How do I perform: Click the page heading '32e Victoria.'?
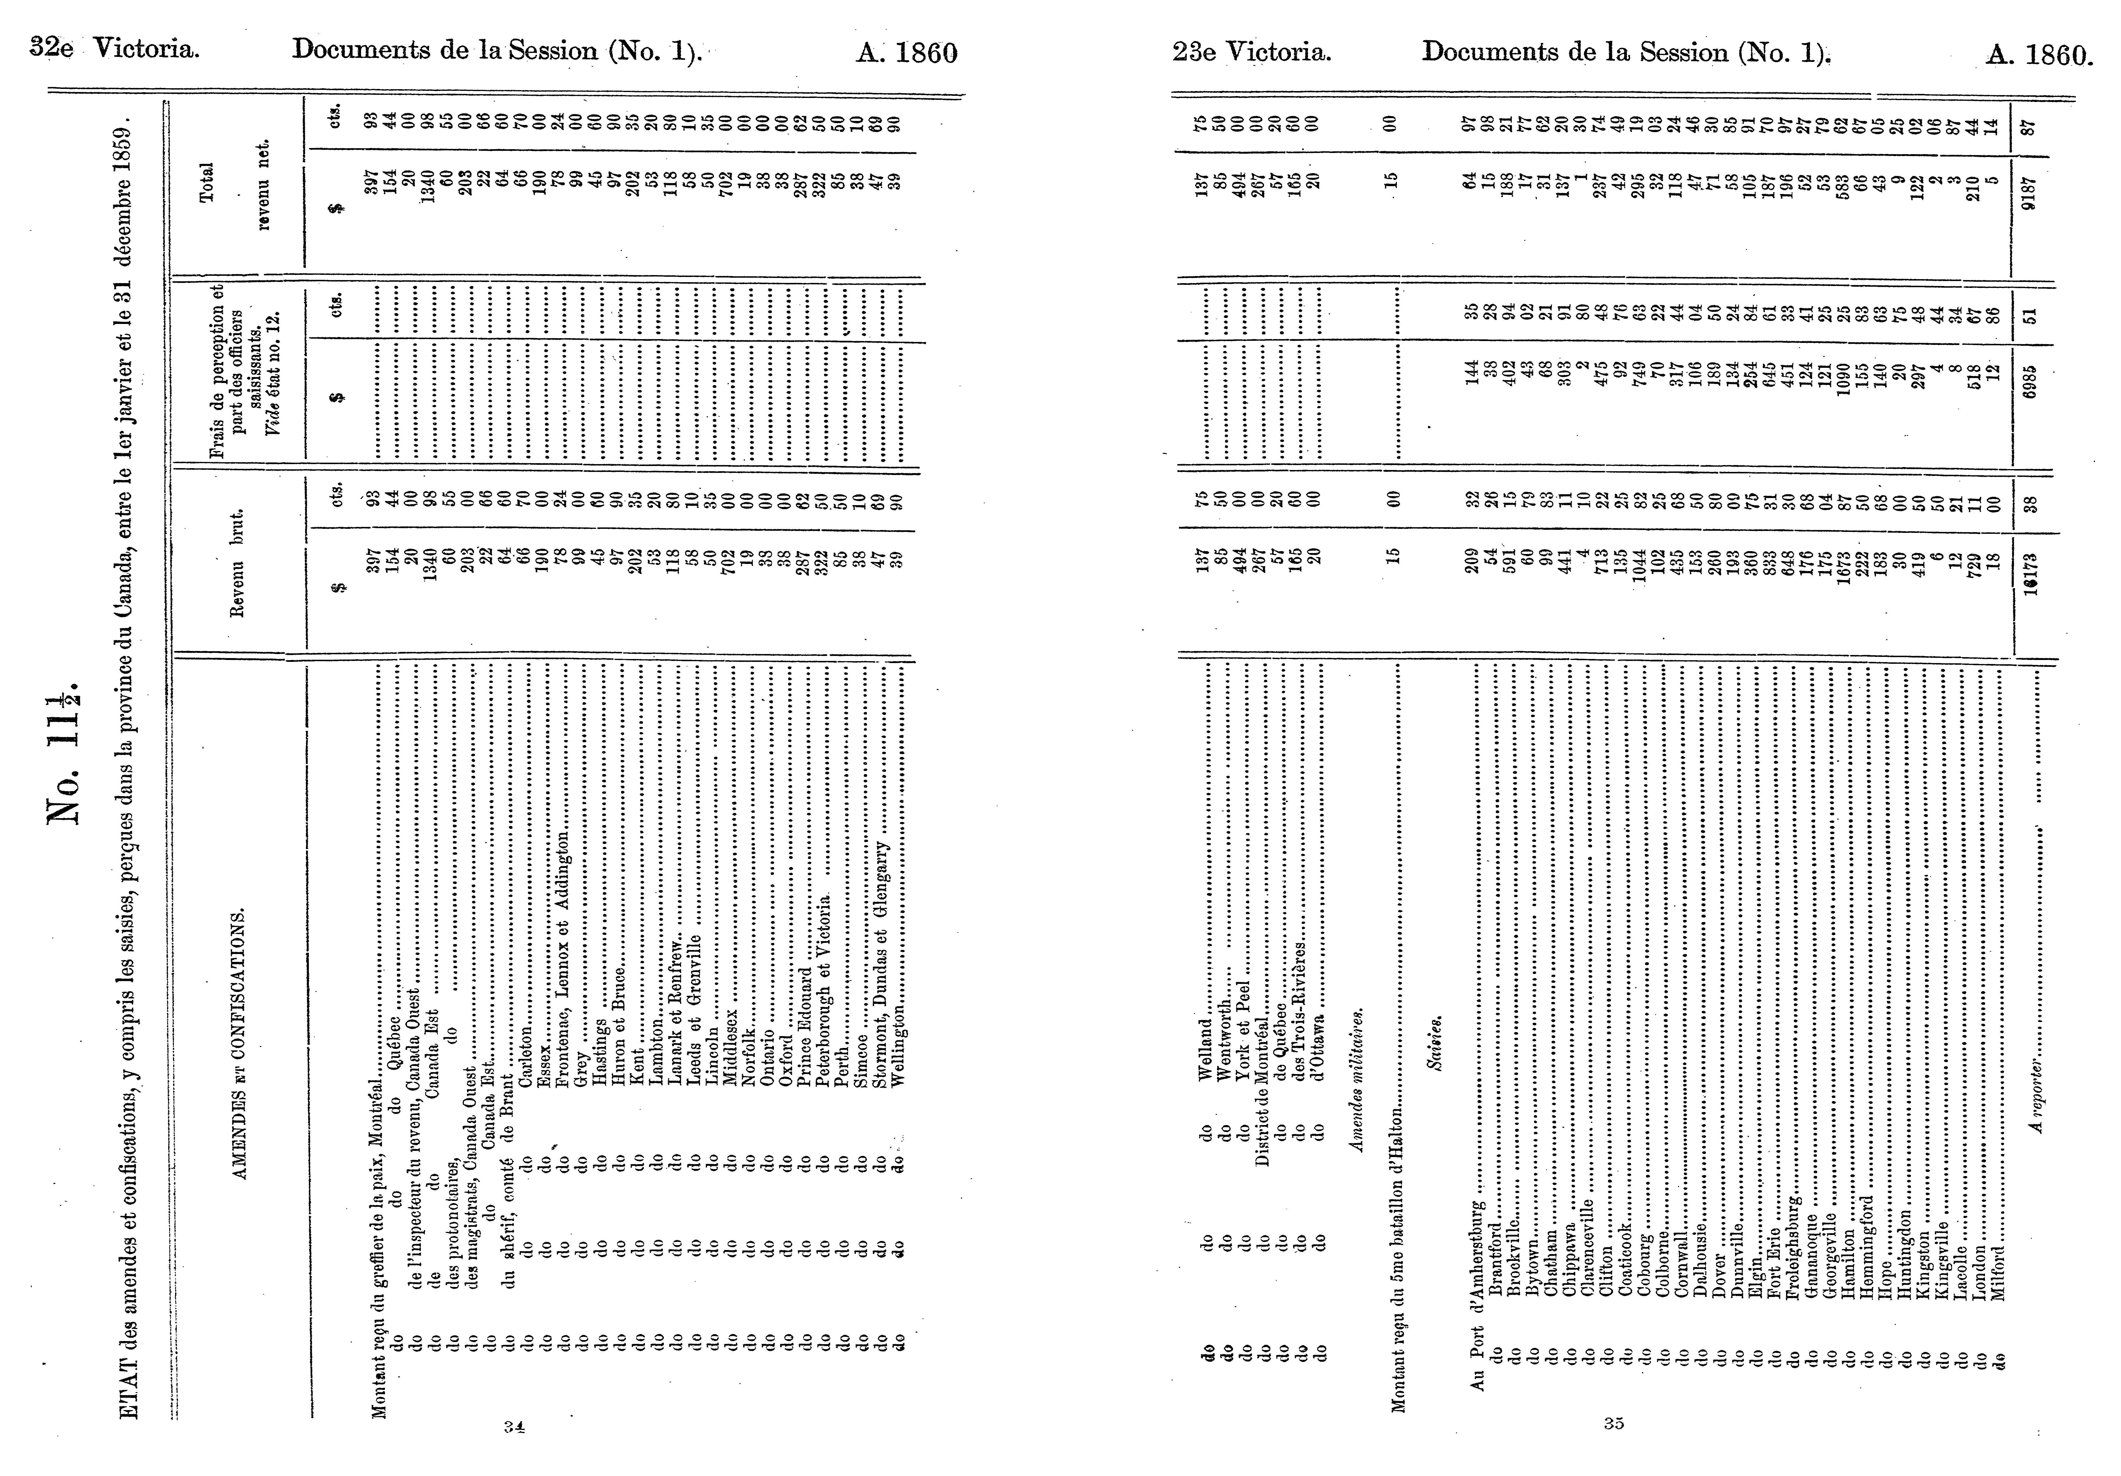click(115, 48)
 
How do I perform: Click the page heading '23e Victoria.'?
click(1252, 52)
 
